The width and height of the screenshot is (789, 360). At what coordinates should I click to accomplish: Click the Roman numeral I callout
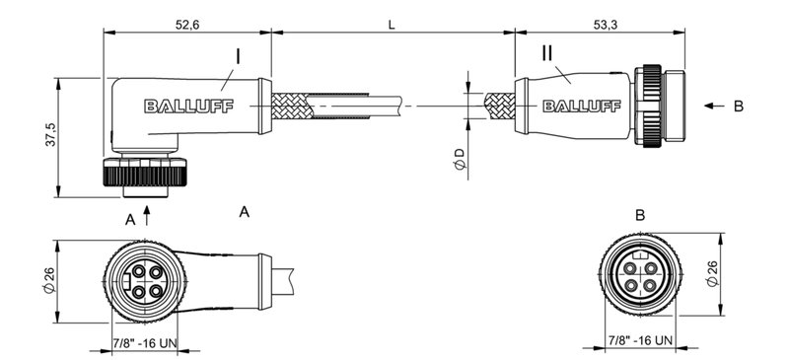237,56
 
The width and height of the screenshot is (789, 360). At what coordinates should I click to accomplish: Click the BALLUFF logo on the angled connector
188,107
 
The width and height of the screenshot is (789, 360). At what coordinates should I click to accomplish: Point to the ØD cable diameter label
460,158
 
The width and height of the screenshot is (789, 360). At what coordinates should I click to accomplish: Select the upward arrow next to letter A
148,213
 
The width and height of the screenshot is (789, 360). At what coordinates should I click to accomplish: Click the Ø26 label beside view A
48,280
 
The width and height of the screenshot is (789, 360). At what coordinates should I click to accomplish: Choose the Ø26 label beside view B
741,271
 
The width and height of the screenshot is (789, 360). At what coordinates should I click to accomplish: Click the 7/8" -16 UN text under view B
640,341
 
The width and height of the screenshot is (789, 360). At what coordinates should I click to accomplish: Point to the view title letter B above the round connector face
640,215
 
